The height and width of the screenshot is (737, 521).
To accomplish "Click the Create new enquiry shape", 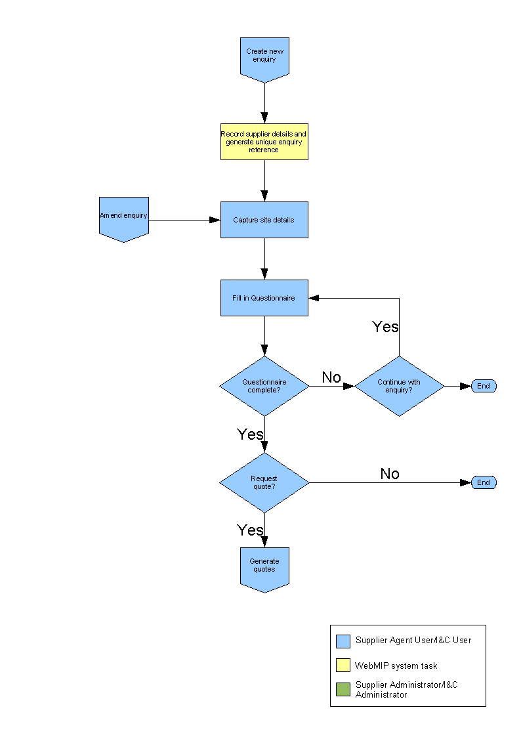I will pos(264,58).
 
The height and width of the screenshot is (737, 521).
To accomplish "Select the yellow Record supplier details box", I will pos(264,142).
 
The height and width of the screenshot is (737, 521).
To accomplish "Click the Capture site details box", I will pos(264,220).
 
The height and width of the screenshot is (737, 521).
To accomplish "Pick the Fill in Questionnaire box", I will pos(264,298).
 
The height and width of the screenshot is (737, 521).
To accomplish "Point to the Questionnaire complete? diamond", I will pos(264,386).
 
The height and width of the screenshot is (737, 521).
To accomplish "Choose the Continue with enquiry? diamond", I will pos(399,386).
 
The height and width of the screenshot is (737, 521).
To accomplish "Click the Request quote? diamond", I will pos(264,482).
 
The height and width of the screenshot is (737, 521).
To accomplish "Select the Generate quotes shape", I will pos(264,568).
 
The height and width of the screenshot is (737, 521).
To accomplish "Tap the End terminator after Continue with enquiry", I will pos(484,386).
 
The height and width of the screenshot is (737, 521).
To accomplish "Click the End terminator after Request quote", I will pos(484,482).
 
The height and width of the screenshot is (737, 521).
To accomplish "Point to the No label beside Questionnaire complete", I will pos(331,377).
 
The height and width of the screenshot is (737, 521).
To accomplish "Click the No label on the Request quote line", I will pos(390,474).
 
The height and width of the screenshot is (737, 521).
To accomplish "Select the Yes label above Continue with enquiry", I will pos(385,327).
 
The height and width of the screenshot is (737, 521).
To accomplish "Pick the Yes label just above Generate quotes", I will pos(250,530).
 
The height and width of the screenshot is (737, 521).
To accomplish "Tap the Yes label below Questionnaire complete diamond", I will pos(250,434).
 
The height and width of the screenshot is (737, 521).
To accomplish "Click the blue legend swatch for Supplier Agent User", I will pos(343,641).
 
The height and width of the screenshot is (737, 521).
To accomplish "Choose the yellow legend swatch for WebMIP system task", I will pos(343,665).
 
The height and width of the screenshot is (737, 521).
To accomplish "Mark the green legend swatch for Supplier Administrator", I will pos(343,689).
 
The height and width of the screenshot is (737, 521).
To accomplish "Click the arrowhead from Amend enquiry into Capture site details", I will pos(215,220).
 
